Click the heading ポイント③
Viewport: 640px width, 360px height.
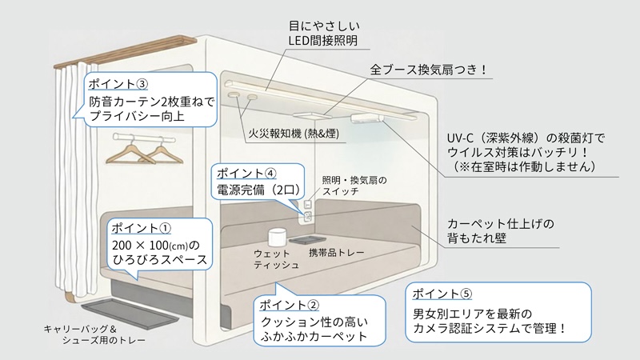[x=117, y=83]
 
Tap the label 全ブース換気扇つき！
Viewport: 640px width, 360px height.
[x=430, y=70]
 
